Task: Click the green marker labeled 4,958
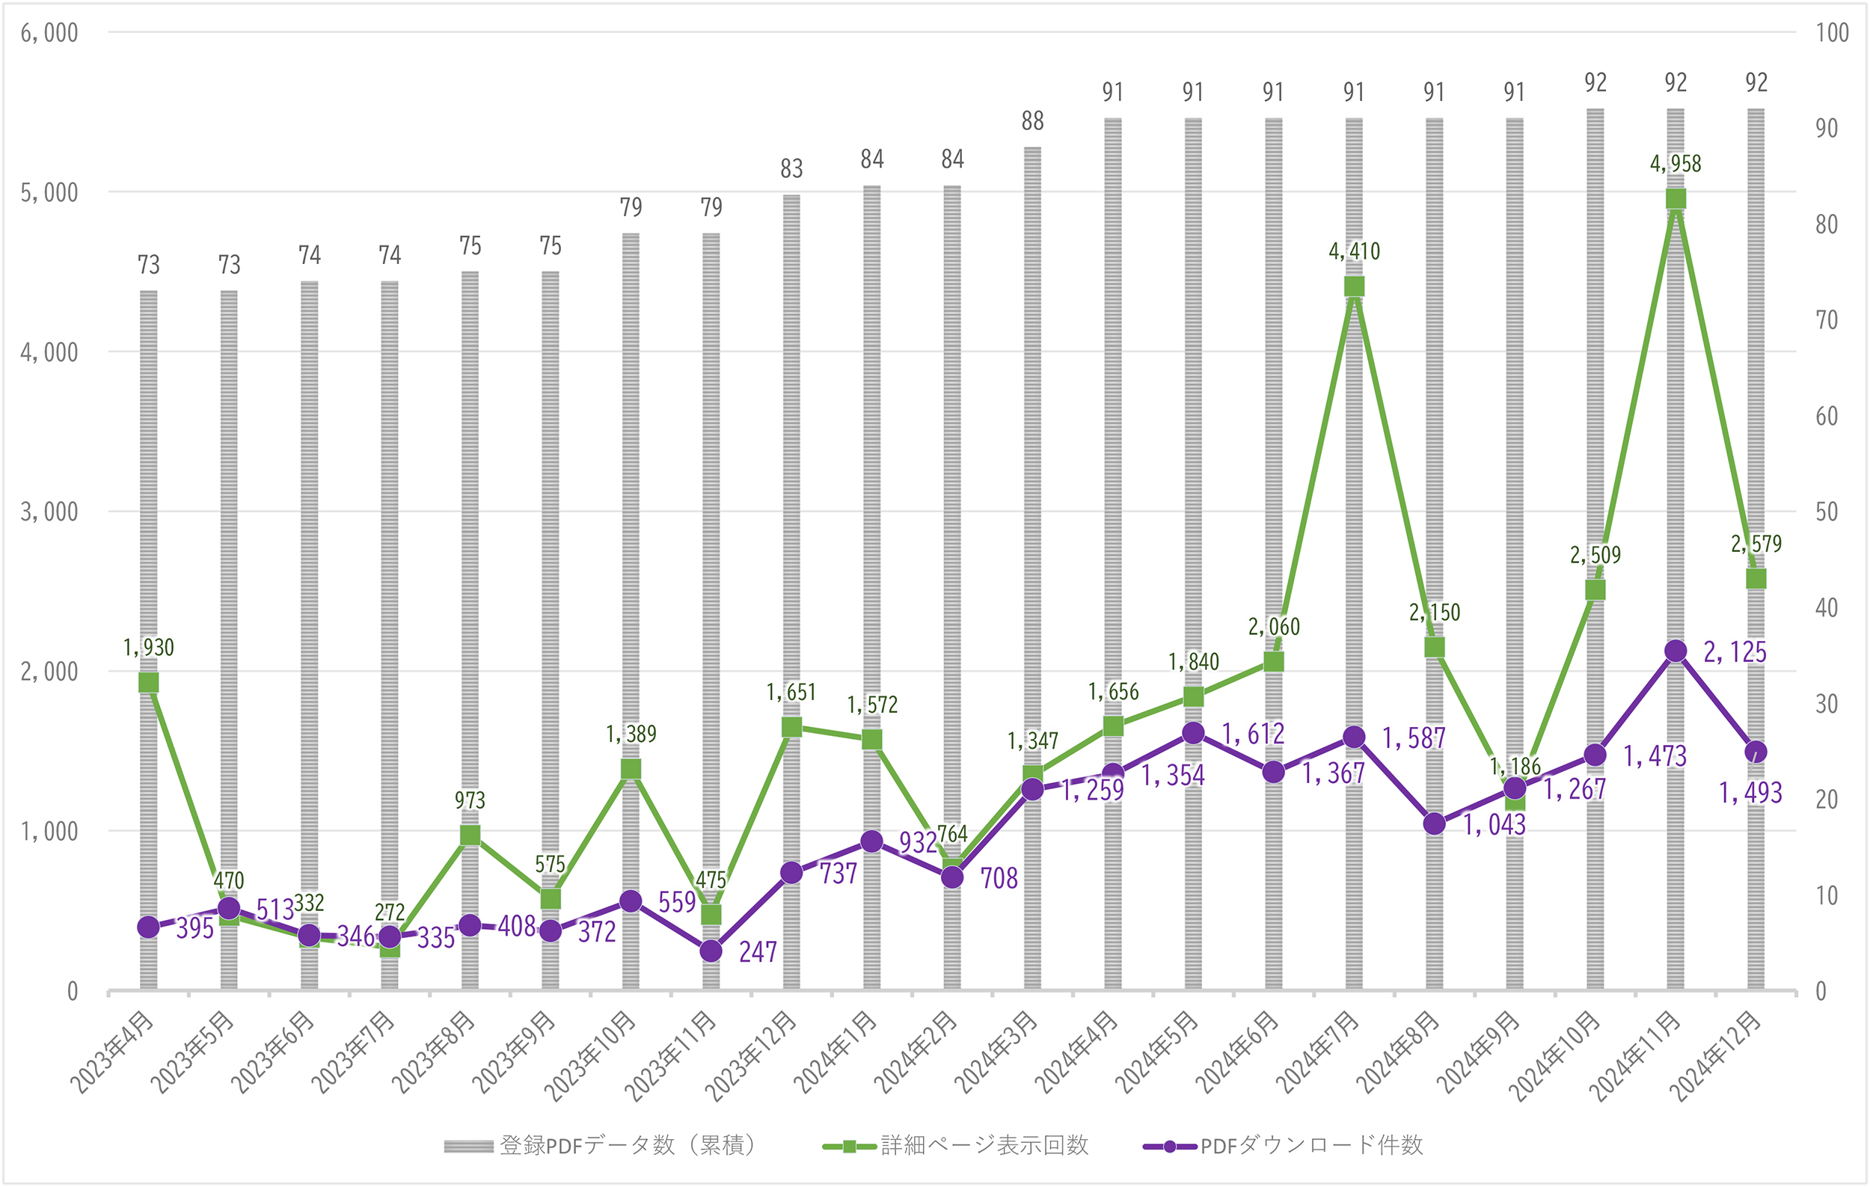point(1676,200)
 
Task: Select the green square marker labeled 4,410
point(1355,287)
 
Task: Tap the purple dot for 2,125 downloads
point(1676,651)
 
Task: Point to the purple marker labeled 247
point(711,951)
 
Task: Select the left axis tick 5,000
point(49,192)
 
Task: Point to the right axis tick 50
point(1827,512)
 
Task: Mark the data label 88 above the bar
point(1032,121)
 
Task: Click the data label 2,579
point(1756,545)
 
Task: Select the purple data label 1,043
point(1495,825)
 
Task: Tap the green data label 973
point(470,800)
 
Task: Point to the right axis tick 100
point(1832,33)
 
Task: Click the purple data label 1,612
point(1253,734)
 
